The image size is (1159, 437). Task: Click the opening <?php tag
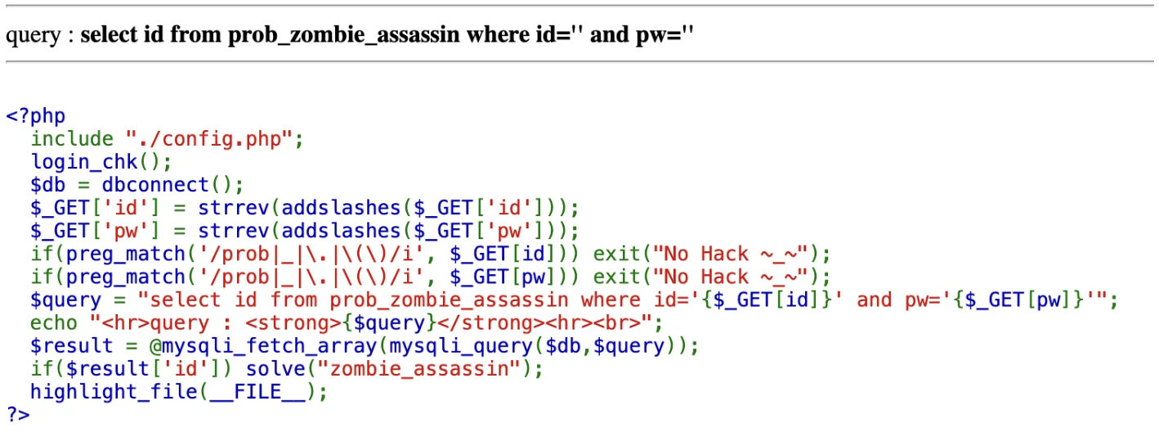click(x=35, y=116)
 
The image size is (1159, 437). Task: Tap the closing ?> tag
click(x=18, y=414)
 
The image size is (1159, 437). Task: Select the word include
click(x=72, y=139)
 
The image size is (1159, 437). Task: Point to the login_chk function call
click(x=84, y=162)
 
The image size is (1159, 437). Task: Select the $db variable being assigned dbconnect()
click(x=48, y=185)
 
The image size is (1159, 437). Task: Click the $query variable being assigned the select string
click(x=66, y=300)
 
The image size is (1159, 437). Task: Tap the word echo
click(x=54, y=322)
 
